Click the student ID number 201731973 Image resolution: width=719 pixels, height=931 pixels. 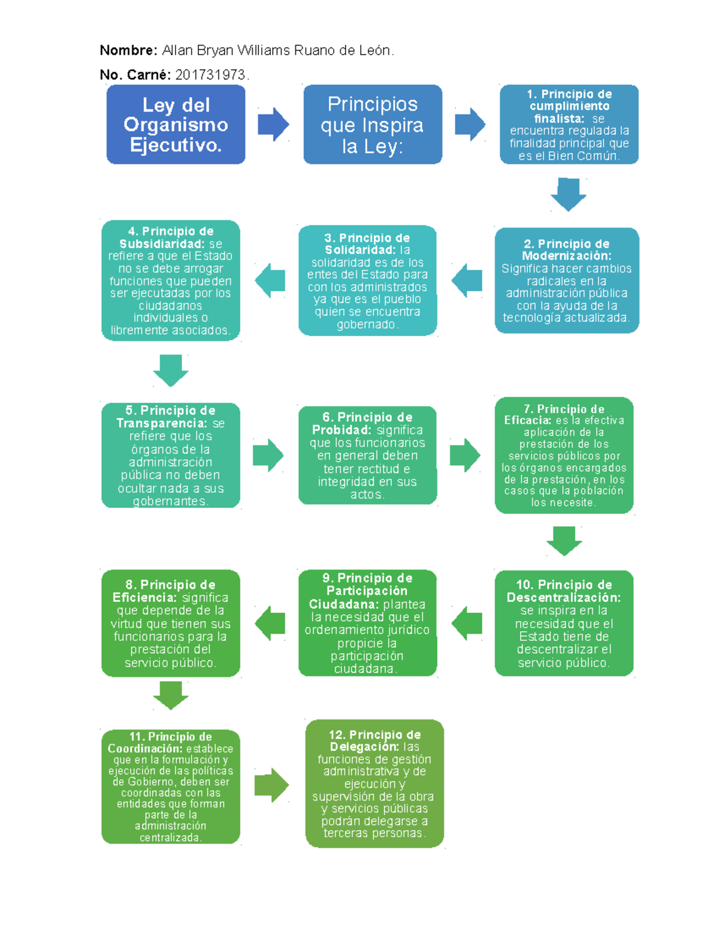tap(210, 75)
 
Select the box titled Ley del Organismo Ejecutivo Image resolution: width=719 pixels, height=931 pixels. tap(176, 124)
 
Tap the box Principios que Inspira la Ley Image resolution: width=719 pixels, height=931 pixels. tap(373, 124)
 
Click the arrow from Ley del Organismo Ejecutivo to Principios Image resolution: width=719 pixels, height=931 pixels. tap(273, 124)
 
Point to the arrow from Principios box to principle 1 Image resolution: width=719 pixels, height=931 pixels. tap(470, 124)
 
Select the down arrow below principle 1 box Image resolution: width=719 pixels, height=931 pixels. tap(568, 195)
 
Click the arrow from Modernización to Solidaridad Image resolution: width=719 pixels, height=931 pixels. tap(466, 281)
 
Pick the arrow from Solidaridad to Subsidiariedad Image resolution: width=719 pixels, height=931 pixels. tap(270, 281)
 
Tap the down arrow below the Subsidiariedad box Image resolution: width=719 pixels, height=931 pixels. tap(171, 370)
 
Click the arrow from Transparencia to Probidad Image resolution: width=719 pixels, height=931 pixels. tap(268, 455)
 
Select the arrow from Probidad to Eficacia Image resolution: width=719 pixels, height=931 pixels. tap(465, 455)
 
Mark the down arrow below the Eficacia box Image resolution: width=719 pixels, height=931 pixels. tap(564, 541)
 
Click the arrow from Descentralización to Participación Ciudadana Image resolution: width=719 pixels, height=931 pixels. tap(466, 623)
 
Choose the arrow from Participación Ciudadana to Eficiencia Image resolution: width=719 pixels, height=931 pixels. tap(270, 623)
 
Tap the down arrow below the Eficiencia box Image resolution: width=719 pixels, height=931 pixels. tap(171, 695)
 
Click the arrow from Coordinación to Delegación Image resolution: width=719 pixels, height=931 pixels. tap(272, 785)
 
